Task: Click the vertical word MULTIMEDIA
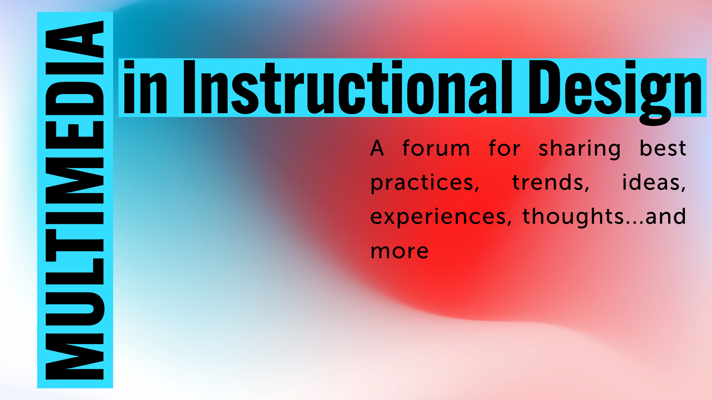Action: (74, 200)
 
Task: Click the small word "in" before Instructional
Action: (145, 87)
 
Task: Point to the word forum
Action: (436, 148)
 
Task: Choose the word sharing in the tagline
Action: (580, 149)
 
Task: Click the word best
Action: (663, 148)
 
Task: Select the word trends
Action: (551, 182)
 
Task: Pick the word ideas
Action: (654, 182)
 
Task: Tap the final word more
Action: (399, 251)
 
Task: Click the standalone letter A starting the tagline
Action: (377, 148)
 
